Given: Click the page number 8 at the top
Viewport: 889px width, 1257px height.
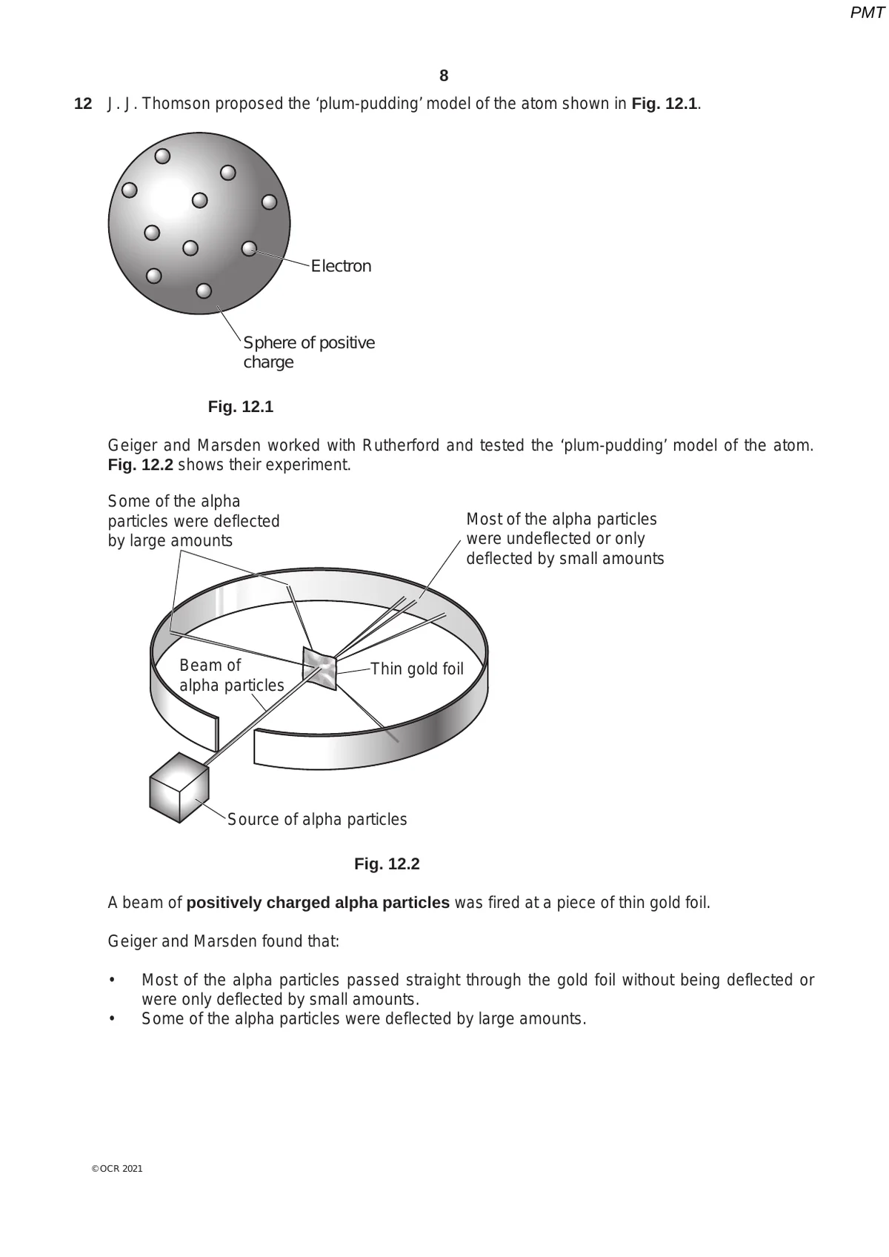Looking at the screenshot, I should pyautogui.click(x=444, y=76).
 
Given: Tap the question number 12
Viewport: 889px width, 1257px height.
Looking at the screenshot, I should pyautogui.click(x=83, y=104).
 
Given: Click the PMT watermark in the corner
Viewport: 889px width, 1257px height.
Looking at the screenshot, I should pyautogui.click(x=867, y=13).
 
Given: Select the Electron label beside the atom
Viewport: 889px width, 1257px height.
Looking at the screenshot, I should pyautogui.click(x=341, y=266).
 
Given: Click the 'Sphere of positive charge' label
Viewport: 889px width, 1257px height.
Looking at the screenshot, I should pyautogui.click(x=308, y=352).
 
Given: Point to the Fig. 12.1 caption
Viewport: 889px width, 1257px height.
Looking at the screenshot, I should pyautogui.click(x=241, y=407).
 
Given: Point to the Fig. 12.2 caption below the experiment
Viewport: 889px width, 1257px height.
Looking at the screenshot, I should pyautogui.click(x=387, y=864).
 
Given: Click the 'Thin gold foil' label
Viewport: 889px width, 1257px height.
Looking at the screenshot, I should pyautogui.click(x=416, y=669).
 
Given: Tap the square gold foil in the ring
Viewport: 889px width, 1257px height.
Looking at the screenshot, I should pyautogui.click(x=320, y=668).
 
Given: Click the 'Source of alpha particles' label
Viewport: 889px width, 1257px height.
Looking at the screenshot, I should pyautogui.click(x=317, y=820).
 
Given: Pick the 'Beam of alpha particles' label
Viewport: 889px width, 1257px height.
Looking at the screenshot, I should pyautogui.click(x=231, y=675).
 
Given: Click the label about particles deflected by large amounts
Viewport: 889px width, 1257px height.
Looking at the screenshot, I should pyautogui.click(x=193, y=521).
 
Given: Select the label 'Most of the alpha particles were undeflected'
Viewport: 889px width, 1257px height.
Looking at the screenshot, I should pyautogui.click(x=565, y=539).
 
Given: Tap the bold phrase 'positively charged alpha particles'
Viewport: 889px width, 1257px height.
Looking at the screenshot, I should pyautogui.click(x=318, y=903).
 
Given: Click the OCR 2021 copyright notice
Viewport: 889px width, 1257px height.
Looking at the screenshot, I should pyautogui.click(x=116, y=1169).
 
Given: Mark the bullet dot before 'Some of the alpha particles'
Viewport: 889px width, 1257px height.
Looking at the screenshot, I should pyautogui.click(x=112, y=1019).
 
